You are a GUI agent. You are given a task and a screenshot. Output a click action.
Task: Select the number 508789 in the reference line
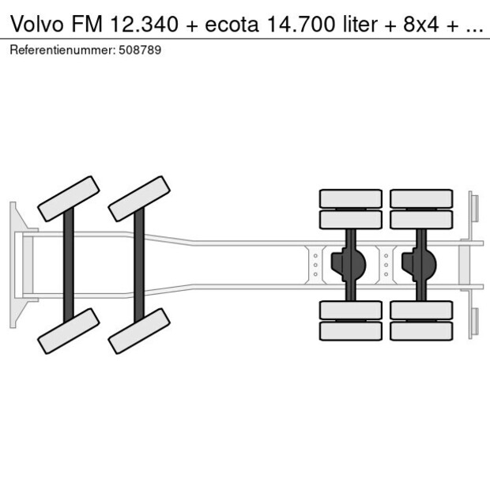141,50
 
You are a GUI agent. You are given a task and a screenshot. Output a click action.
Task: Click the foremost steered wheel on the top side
69,198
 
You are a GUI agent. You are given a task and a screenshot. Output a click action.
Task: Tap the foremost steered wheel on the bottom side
69,330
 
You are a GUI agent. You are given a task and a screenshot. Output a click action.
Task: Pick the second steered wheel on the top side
139,198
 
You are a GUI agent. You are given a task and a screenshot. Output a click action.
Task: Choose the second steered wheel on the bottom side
139,330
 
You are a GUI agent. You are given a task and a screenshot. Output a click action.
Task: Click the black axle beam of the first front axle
69,264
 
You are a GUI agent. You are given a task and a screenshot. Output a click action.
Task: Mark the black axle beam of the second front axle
139,264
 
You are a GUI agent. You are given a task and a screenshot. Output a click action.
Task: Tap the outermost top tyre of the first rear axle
350,198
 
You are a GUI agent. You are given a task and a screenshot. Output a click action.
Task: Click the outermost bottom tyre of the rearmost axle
420,331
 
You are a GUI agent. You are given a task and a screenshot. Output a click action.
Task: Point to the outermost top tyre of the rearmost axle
420,198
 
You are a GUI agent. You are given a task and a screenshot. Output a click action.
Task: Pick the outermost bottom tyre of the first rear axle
350,331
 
